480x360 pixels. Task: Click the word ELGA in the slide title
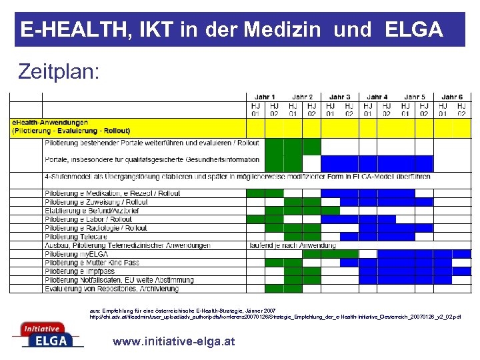(x=413, y=29)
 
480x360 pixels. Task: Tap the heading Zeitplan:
(x=59, y=71)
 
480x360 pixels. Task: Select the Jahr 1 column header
(x=265, y=97)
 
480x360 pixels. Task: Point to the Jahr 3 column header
(x=339, y=97)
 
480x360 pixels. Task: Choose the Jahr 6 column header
(x=452, y=97)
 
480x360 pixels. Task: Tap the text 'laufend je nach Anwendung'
(x=283, y=245)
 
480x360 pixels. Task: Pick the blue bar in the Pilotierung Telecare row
(x=386, y=237)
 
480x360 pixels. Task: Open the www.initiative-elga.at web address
(x=174, y=341)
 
